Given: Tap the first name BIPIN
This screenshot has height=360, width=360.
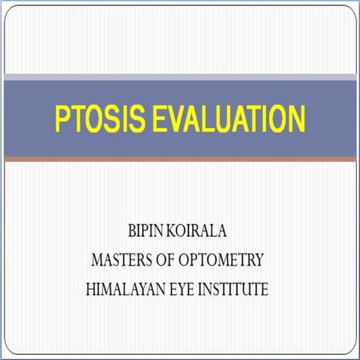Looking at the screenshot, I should [132, 231].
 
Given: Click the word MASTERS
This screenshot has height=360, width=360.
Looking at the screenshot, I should [121, 259].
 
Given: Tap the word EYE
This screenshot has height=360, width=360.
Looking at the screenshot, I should [187, 288].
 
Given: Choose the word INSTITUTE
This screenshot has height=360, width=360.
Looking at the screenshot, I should [236, 288].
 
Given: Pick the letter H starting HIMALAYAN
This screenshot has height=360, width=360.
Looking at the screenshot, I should [94, 288].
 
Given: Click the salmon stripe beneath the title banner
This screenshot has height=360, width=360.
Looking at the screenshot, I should [180, 159].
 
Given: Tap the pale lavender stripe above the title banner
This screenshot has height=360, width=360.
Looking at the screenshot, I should [180, 76].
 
